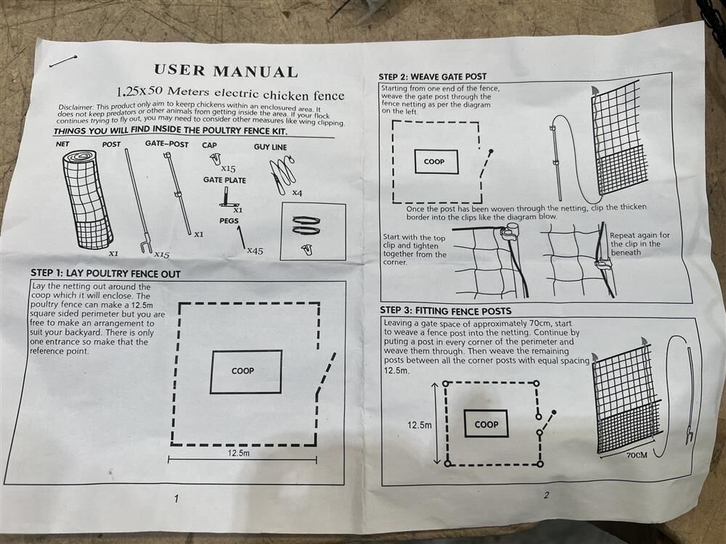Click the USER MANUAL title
(226, 71)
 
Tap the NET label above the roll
(62, 144)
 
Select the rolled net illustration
(87, 199)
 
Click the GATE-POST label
(167, 144)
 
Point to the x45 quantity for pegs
(255, 251)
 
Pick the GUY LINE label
(270, 147)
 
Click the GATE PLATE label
(224, 180)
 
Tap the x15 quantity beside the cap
(228, 169)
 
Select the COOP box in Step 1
(246, 372)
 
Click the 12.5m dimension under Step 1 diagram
(238, 453)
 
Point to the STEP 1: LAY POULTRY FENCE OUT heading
(105, 273)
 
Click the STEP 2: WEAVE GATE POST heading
(433, 77)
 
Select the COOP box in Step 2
(436, 162)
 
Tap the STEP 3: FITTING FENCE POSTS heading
(446, 311)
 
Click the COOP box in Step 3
(486, 424)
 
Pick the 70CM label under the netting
(637, 456)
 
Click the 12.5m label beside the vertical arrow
(420, 424)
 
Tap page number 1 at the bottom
(176, 498)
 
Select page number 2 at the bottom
(547, 495)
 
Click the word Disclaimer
(76, 107)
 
